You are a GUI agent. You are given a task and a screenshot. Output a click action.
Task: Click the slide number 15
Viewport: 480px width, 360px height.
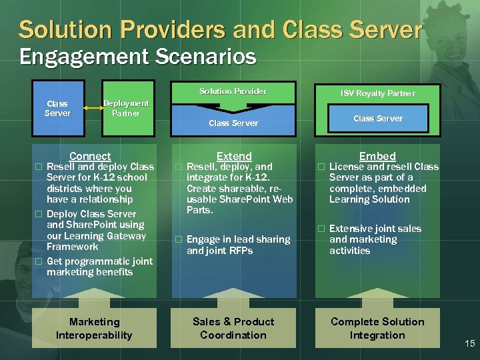(469, 343)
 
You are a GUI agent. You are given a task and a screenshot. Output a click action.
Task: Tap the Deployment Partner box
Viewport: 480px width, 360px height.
(126, 108)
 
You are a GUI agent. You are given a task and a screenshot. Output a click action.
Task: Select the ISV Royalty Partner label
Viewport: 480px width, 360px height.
(377, 93)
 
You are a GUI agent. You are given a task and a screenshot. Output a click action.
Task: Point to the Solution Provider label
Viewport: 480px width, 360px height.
(233, 91)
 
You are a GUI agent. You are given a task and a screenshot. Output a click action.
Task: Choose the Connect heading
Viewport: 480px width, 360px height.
(90, 156)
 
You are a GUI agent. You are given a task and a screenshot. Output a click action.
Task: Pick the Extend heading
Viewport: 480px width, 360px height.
(234, 156)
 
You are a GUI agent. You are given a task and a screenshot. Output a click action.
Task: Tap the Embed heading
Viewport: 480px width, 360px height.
(377, 156)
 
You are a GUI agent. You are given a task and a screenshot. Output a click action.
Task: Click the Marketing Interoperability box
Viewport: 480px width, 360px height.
(94, 328)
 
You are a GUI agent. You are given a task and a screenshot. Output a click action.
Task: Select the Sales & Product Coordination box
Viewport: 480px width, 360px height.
(233, 328)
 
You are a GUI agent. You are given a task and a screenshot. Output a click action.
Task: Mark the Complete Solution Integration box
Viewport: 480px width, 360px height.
(377, 328)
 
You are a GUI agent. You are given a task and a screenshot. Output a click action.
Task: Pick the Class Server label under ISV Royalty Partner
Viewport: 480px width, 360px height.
(377, 119)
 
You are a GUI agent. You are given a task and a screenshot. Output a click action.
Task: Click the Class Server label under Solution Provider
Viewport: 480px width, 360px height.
(233, 123)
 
